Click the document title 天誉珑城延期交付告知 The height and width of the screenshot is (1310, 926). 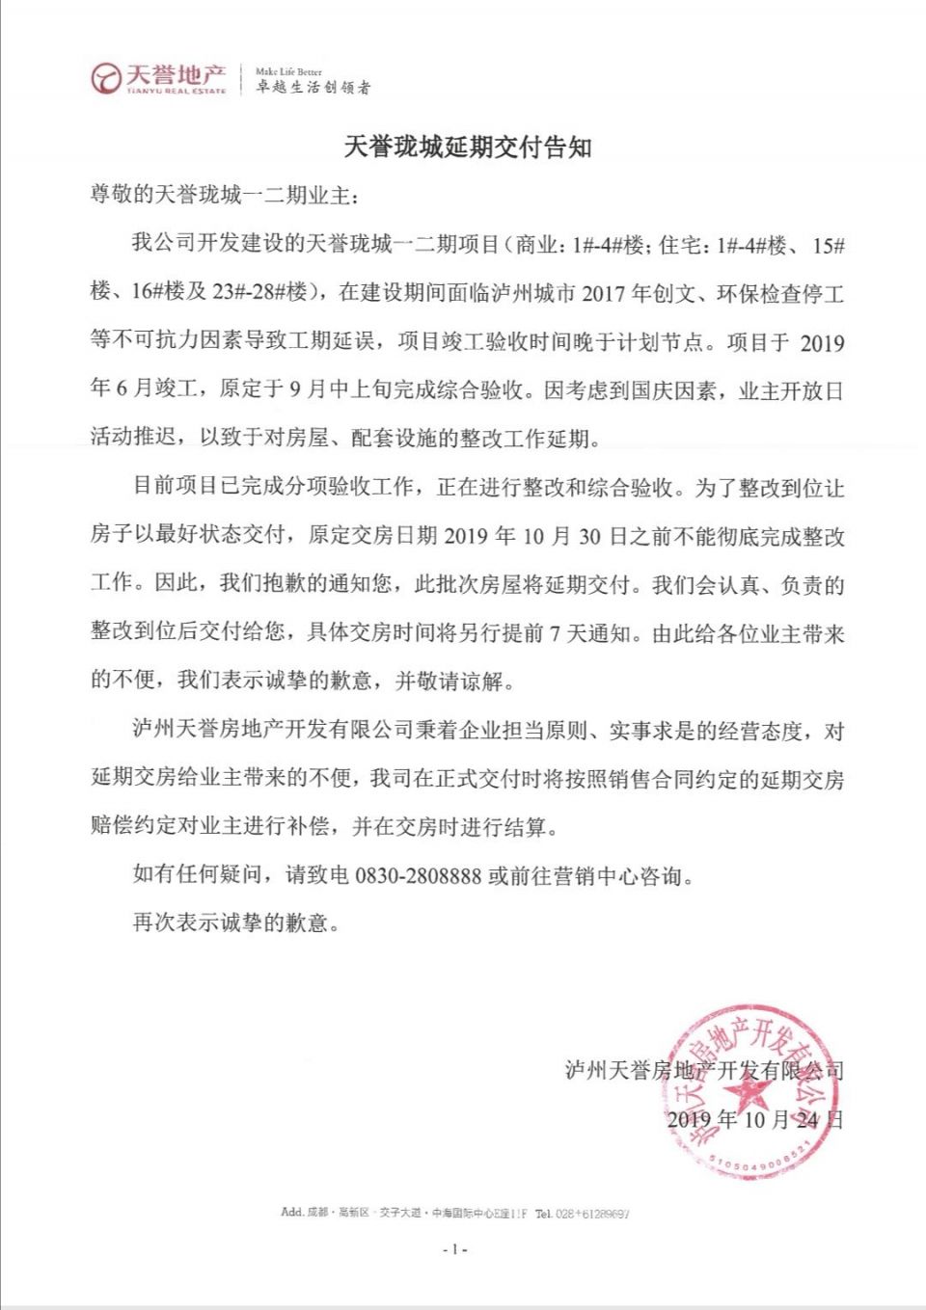468,147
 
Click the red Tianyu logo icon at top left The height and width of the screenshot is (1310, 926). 105,78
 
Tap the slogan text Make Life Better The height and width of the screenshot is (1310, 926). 288,71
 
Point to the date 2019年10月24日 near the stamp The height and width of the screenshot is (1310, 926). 754,1119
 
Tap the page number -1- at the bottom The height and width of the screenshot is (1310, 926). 454,1249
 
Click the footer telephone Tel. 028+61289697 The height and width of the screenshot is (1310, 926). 583,1213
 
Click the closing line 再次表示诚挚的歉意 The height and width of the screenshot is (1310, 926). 236,922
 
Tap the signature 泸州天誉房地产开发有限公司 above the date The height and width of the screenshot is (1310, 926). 704,1070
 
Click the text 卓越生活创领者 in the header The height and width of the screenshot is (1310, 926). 313,88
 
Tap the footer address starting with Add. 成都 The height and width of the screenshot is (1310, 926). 403,1213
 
